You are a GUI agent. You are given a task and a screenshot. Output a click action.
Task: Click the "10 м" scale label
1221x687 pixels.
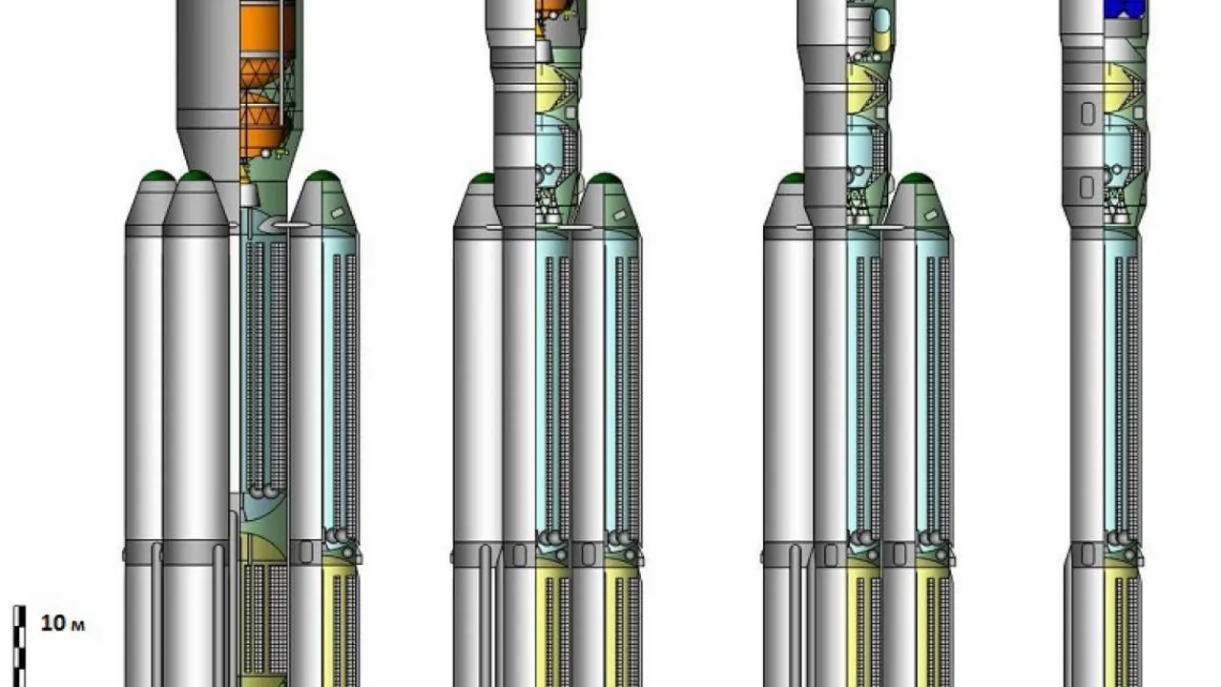pyautogui.click(x=63, y=623)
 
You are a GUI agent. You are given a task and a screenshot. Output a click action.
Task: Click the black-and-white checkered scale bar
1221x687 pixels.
pyautogui.click(x=20, y=646)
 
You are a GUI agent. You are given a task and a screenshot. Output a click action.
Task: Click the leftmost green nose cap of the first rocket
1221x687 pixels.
pyautogui.click(x=158, y=176)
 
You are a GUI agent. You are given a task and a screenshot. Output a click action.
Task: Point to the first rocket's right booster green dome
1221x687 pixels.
pyautogui.click(x=322, y=176)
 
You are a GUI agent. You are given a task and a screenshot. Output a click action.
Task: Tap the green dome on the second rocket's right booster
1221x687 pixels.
pyautogui.click(x=605, y=178)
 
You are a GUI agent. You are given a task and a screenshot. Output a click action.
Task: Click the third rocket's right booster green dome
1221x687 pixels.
pyautogui.click(x=916, y=178)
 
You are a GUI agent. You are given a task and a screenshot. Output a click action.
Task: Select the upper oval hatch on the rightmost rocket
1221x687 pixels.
pyautogui.click(x=1087, y=114)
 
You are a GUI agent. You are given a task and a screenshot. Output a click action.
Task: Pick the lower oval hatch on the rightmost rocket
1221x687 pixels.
pyautogui.click(x=1086, y=187)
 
